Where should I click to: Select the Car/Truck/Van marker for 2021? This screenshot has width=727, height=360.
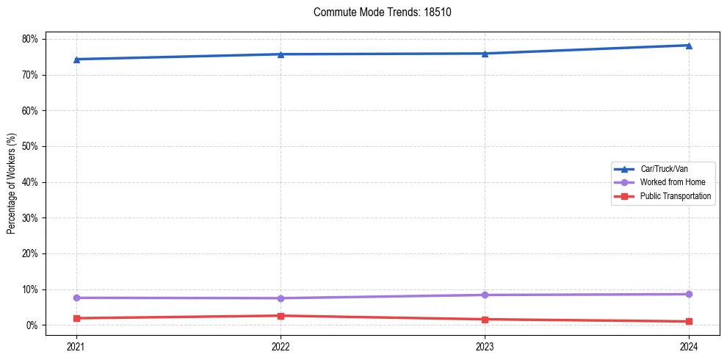pos(76,59)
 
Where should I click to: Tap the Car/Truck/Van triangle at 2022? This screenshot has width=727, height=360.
pos(281,54)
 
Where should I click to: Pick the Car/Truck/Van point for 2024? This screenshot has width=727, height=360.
pos(689,46)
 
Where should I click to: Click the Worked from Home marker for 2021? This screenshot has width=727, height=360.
pos(76,298)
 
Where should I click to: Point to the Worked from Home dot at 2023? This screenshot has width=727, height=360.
pos(485,295)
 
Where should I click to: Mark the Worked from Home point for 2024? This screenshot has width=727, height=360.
pos(689,294)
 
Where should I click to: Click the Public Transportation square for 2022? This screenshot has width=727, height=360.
pos(281,316)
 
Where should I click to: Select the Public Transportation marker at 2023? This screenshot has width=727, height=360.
pos(485,320)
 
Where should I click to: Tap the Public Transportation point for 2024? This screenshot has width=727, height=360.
pos(689,321)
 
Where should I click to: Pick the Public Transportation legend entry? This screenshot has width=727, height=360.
pos(675,196)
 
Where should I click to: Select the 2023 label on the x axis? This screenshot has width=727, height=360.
pos(485,346)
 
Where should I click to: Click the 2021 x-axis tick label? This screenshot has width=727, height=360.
pos(76,346)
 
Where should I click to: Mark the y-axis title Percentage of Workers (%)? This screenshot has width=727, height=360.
pos(11,183)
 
